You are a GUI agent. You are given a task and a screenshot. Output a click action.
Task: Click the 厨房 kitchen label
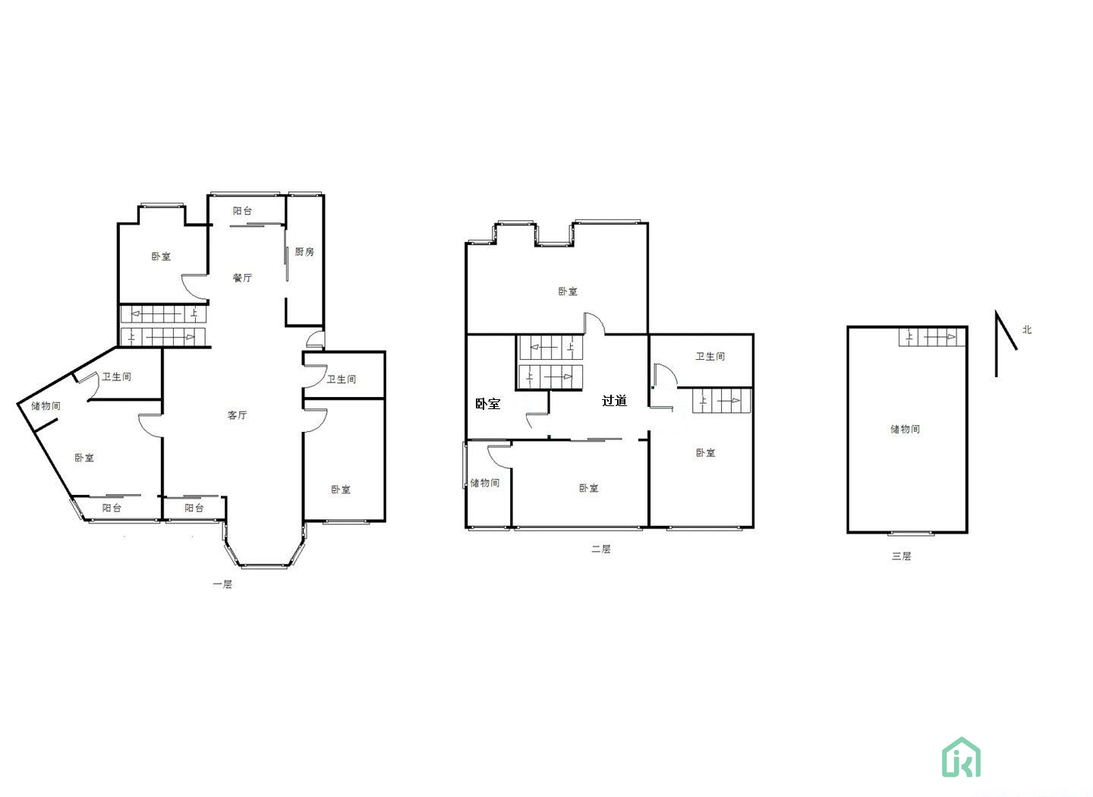(304, 252)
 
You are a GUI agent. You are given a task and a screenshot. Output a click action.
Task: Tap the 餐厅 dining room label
(242, 278)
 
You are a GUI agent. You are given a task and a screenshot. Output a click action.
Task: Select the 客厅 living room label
(237, 415)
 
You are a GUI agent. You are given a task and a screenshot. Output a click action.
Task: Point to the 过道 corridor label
(614, 401)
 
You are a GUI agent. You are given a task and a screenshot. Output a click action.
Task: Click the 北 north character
(1027, 330)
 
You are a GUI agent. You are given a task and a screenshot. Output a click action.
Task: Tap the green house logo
(961, 757)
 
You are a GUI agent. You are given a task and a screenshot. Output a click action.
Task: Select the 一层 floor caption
(222, 584)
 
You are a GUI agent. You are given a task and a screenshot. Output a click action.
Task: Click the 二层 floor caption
(600, 549)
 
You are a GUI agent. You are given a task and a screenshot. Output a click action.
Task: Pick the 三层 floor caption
(901, 556)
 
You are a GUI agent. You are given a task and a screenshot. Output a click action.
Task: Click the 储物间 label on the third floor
(905, 429)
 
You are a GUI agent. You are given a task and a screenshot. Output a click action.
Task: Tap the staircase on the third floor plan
(932, 337)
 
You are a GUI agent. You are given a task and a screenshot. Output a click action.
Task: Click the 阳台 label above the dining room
(242, 211)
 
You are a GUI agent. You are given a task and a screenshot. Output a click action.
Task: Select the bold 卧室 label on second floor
(487, 404)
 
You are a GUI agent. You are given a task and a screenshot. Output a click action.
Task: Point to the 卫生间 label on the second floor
(710, 356)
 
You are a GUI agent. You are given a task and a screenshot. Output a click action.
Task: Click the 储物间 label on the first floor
(46, 405)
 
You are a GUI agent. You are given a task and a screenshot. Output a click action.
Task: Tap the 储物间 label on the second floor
(484, 483)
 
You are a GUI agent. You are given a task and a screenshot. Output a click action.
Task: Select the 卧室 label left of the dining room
(161, 257)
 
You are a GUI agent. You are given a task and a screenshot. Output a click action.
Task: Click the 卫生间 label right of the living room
(341, 380)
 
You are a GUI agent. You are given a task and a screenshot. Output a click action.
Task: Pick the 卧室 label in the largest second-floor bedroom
(568, 291)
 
